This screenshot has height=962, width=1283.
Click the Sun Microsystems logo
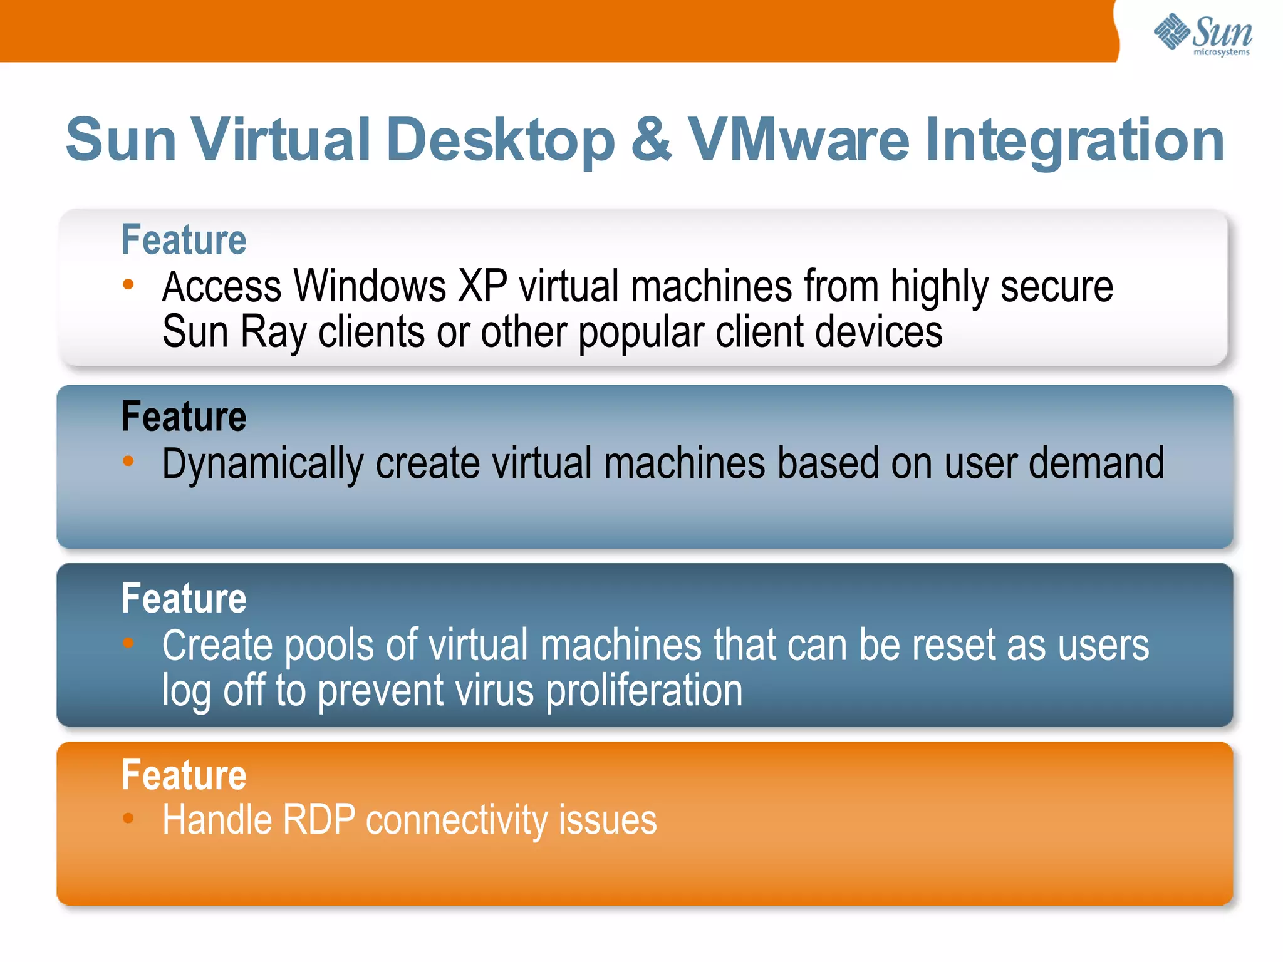[x=1203, y=34]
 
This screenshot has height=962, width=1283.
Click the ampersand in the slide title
[x=652, y=139]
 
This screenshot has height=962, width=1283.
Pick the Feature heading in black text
[x=184, y=416]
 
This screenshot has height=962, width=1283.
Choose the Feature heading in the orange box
[x=184, y=775]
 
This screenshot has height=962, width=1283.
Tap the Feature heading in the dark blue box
[x=184, y=598]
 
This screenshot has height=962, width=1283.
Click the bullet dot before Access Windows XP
[x=128, y=285]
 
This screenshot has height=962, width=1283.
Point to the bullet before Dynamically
[x=128, y=462]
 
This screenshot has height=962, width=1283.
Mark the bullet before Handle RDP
[x=128, y=818]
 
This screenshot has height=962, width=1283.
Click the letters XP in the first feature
[x=482, y=286]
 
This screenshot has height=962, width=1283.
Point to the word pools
[x=329, y=646]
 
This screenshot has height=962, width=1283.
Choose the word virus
[x=494, y=691]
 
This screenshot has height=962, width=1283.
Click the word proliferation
[x=645, y=691]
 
